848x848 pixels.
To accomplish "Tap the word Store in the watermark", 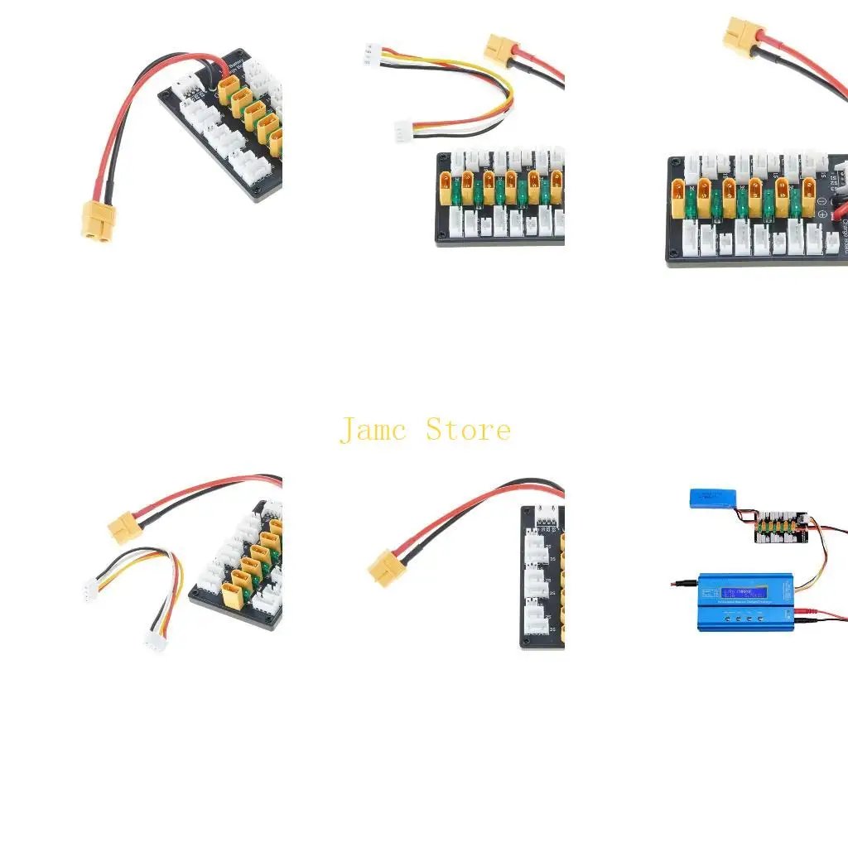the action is click(x=469, y=431).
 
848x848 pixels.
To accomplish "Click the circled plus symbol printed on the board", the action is click(x=822, y=214).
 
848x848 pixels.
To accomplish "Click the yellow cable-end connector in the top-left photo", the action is click(x=99, y=221).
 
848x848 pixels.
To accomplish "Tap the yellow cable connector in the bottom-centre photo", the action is click(x=386, y=568).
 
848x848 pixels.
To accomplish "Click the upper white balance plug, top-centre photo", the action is click(x=370, y=55).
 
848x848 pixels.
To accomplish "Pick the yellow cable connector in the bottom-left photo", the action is click(x=125, y=526).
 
